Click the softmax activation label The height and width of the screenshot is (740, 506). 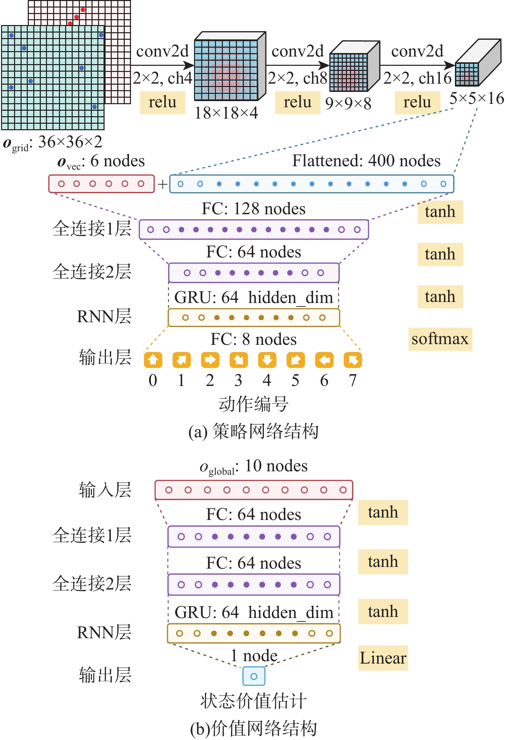[x=440, y=339]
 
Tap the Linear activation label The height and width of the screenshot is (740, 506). [x=383, y=658]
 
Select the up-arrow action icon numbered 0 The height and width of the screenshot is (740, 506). [x=153, y=360]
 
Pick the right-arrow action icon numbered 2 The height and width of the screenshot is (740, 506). [x=210, y=360]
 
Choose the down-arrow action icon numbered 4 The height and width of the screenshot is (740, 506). [x=267, y=360]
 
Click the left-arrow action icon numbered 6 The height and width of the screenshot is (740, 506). [x=324, y=360]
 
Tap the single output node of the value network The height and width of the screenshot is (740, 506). [x=254, y=676]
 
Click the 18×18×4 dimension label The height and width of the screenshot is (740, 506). [x=226, y=113]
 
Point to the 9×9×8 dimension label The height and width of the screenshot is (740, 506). [x=348, y=103]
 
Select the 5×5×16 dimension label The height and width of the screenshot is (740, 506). [x=477, y=98]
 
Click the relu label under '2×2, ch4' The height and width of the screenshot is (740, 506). [x=162, y=102]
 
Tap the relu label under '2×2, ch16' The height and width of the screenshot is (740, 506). [x=417, y=102]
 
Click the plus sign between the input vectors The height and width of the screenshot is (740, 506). [x=162, y=184]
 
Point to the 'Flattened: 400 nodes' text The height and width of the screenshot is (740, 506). [x=366, y=160]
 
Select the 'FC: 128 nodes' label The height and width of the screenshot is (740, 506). [x=253, y=208]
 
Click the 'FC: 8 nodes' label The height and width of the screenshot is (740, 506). [x=253, y=339]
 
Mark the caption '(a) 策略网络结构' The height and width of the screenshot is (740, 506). [x=253, y=431]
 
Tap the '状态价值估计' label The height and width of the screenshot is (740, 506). [x=253, y=701]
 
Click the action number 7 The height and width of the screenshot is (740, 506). [x=352, y=380]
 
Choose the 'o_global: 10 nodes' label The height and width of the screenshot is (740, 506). [x=253, y=466]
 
